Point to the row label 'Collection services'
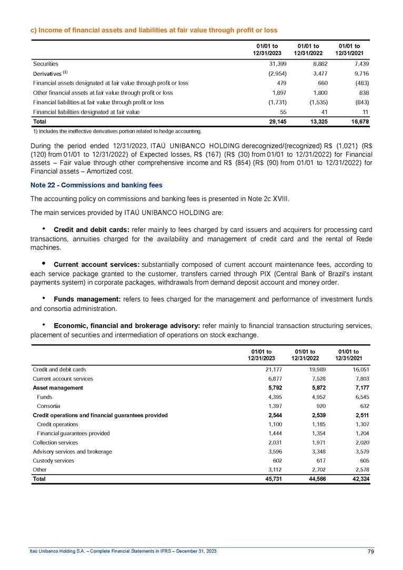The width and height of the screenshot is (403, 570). [x=55, y=443]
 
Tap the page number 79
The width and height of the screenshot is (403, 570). [x=370, y=551]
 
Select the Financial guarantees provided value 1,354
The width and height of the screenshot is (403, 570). [x=319, y=433]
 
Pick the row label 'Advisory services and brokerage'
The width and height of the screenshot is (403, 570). [x=72, y=452]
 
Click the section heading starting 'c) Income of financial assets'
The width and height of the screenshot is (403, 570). [x=153, y=30]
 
